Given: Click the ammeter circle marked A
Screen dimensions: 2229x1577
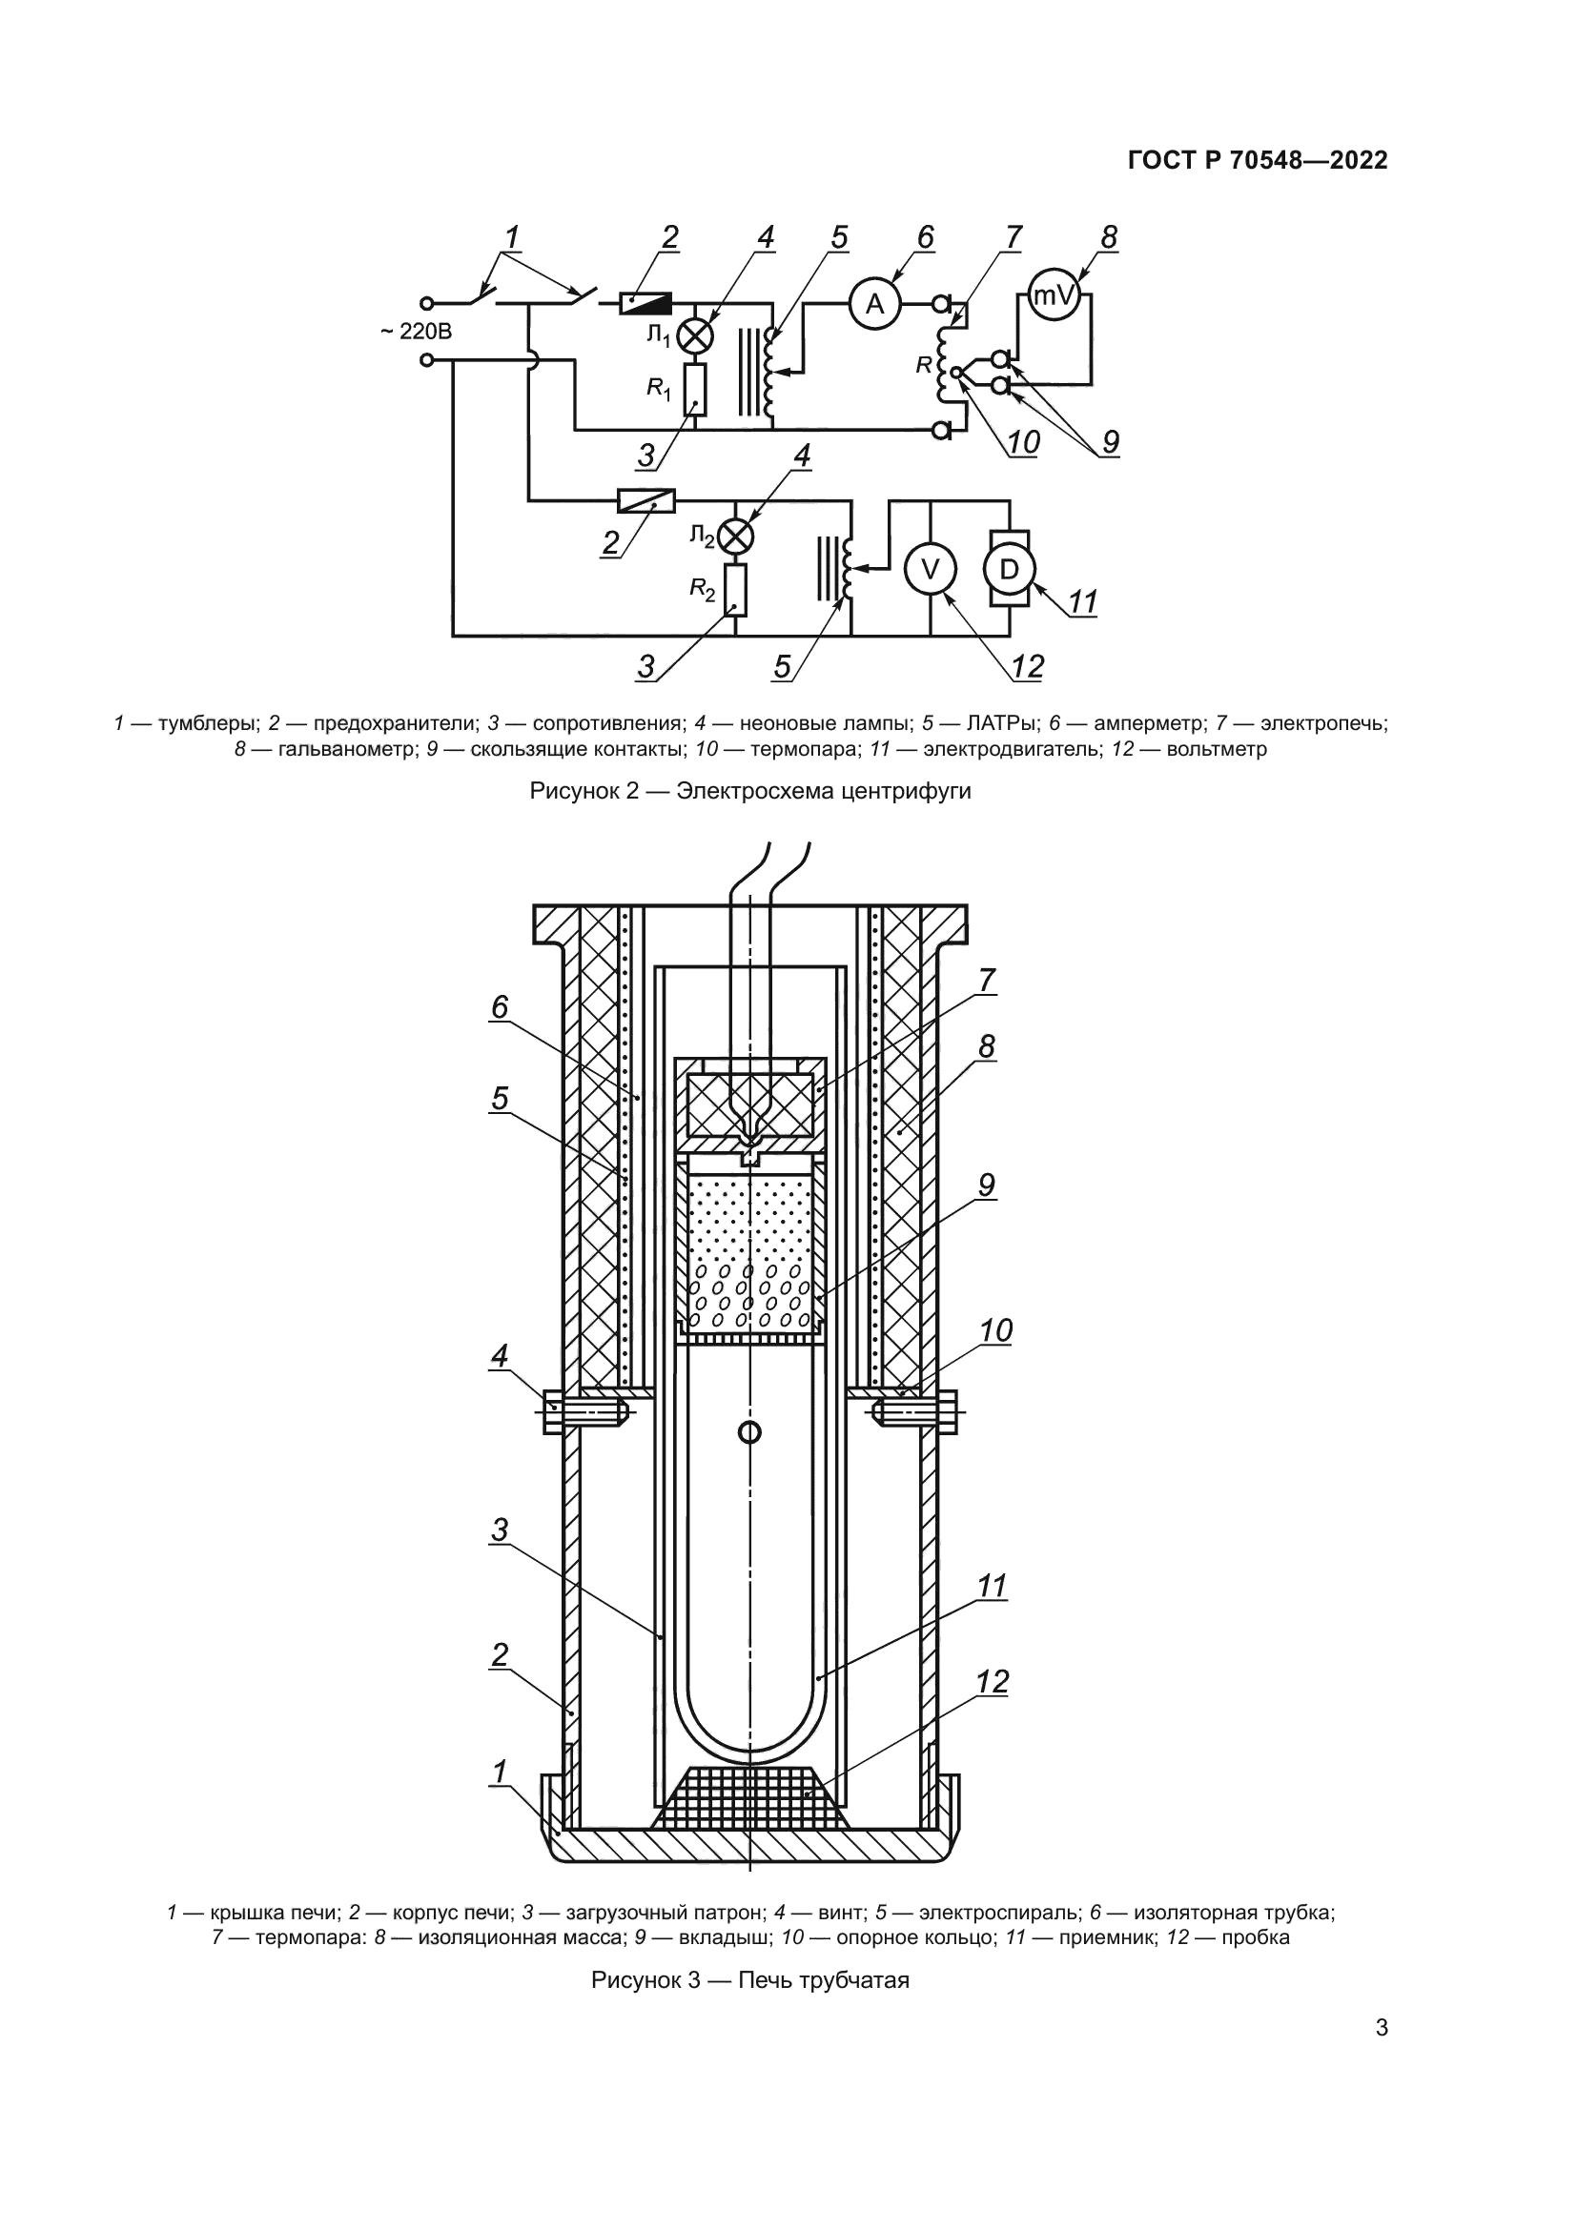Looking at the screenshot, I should click(x=875, y=305).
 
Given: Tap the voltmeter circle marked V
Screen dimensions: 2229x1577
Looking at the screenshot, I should click(x=930, y=570).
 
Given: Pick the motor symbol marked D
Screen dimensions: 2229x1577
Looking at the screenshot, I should click(x=1010, y=570).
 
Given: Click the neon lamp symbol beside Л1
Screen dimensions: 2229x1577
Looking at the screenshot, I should click(x=694, y=335).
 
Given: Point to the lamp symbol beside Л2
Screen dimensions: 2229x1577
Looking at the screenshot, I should click(x=736, y=536).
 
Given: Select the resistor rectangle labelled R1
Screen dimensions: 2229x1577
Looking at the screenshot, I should click(x=694, y=391).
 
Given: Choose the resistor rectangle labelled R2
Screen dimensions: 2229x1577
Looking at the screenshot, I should click(x=736, y=591).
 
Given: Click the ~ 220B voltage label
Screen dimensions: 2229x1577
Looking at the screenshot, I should click(x=416, y=332).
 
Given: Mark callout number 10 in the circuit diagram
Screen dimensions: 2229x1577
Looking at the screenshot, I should click(x=1022, y=443).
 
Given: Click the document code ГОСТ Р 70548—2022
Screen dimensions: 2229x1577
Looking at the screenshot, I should click(x=1258, y=161).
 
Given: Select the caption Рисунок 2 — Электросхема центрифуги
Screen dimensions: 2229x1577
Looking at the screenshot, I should click(x=749, y=791).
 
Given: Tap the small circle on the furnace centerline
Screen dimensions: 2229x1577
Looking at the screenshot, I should click(x=749, y=1432).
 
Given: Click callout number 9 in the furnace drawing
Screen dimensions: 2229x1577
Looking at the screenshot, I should click(x=987, y=1185).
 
